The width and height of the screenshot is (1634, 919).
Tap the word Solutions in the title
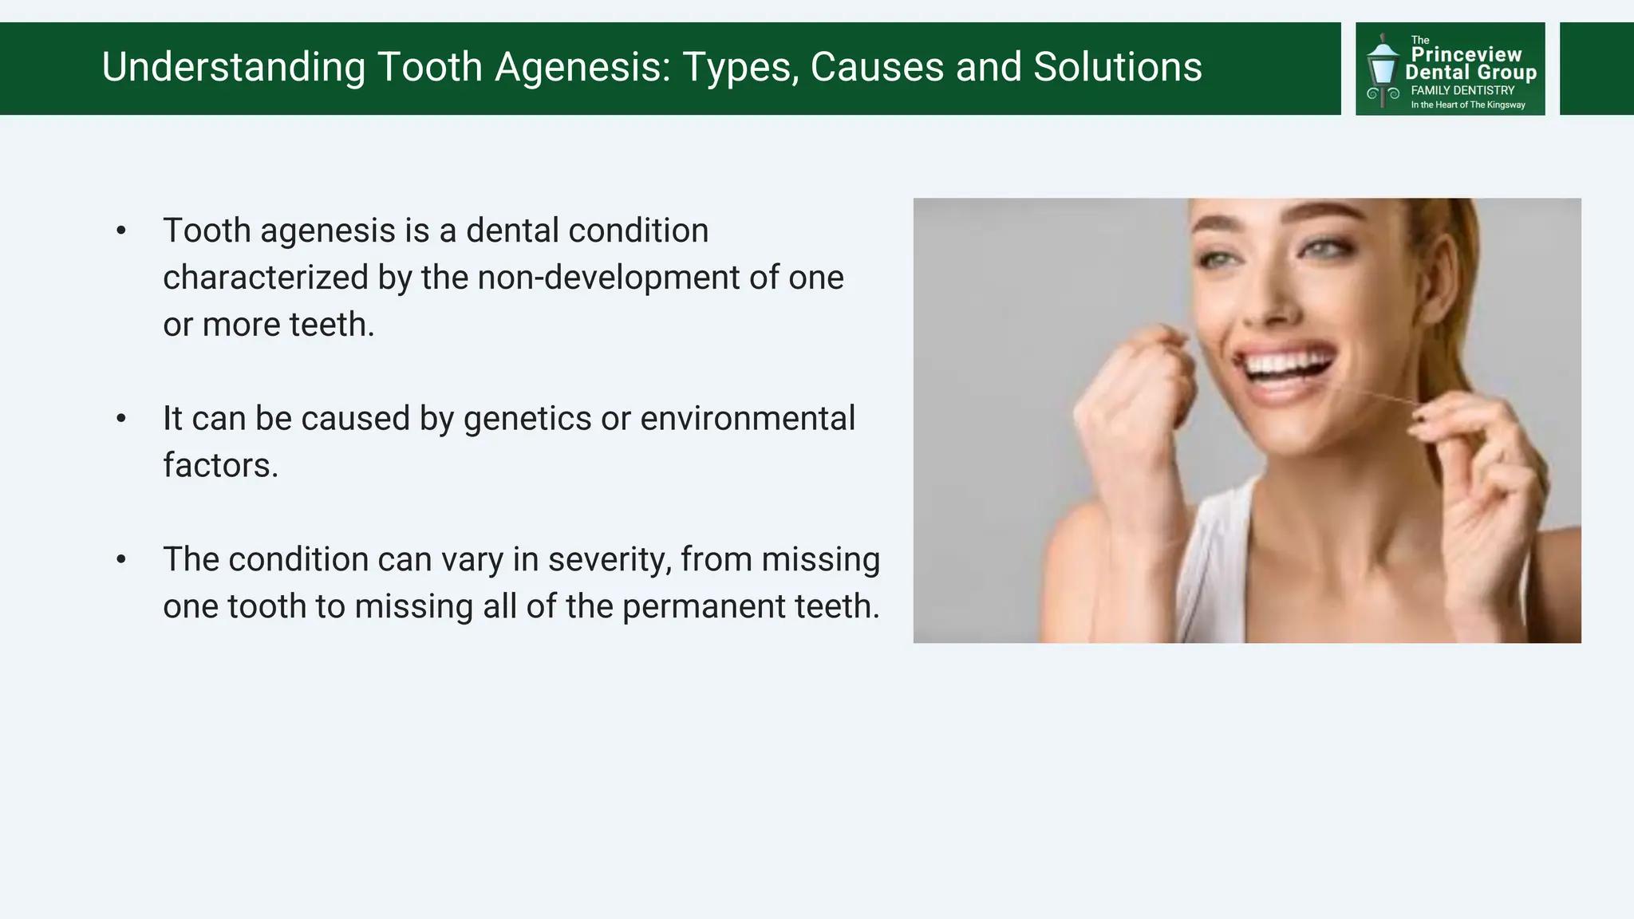[x=1117, y=67]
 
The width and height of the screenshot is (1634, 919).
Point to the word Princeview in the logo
[x=1466, y=54]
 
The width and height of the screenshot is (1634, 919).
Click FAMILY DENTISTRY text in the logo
[x=1462, y=91]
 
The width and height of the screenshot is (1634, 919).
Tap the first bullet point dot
[x=121, y=231]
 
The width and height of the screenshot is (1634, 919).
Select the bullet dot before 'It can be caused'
[x=121, y=419]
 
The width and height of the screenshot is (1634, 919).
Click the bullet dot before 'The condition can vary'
[x=121, y=559]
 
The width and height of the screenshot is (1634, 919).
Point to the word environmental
[x=748, y=419]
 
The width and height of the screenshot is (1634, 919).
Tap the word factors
[x=220, y=466]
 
